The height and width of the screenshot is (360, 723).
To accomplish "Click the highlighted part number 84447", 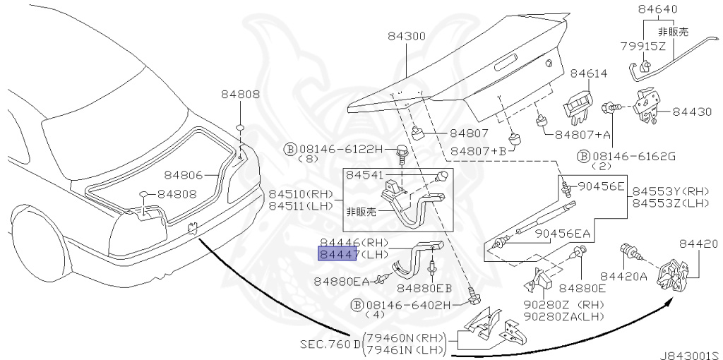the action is coord(337,253).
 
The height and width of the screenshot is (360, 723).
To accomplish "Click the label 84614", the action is coord(590,73).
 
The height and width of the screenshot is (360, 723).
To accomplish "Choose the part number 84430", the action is coord(692,112).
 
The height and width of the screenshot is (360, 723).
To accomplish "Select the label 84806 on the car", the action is coord(184,175).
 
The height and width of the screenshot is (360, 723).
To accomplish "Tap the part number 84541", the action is coord(365,175).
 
